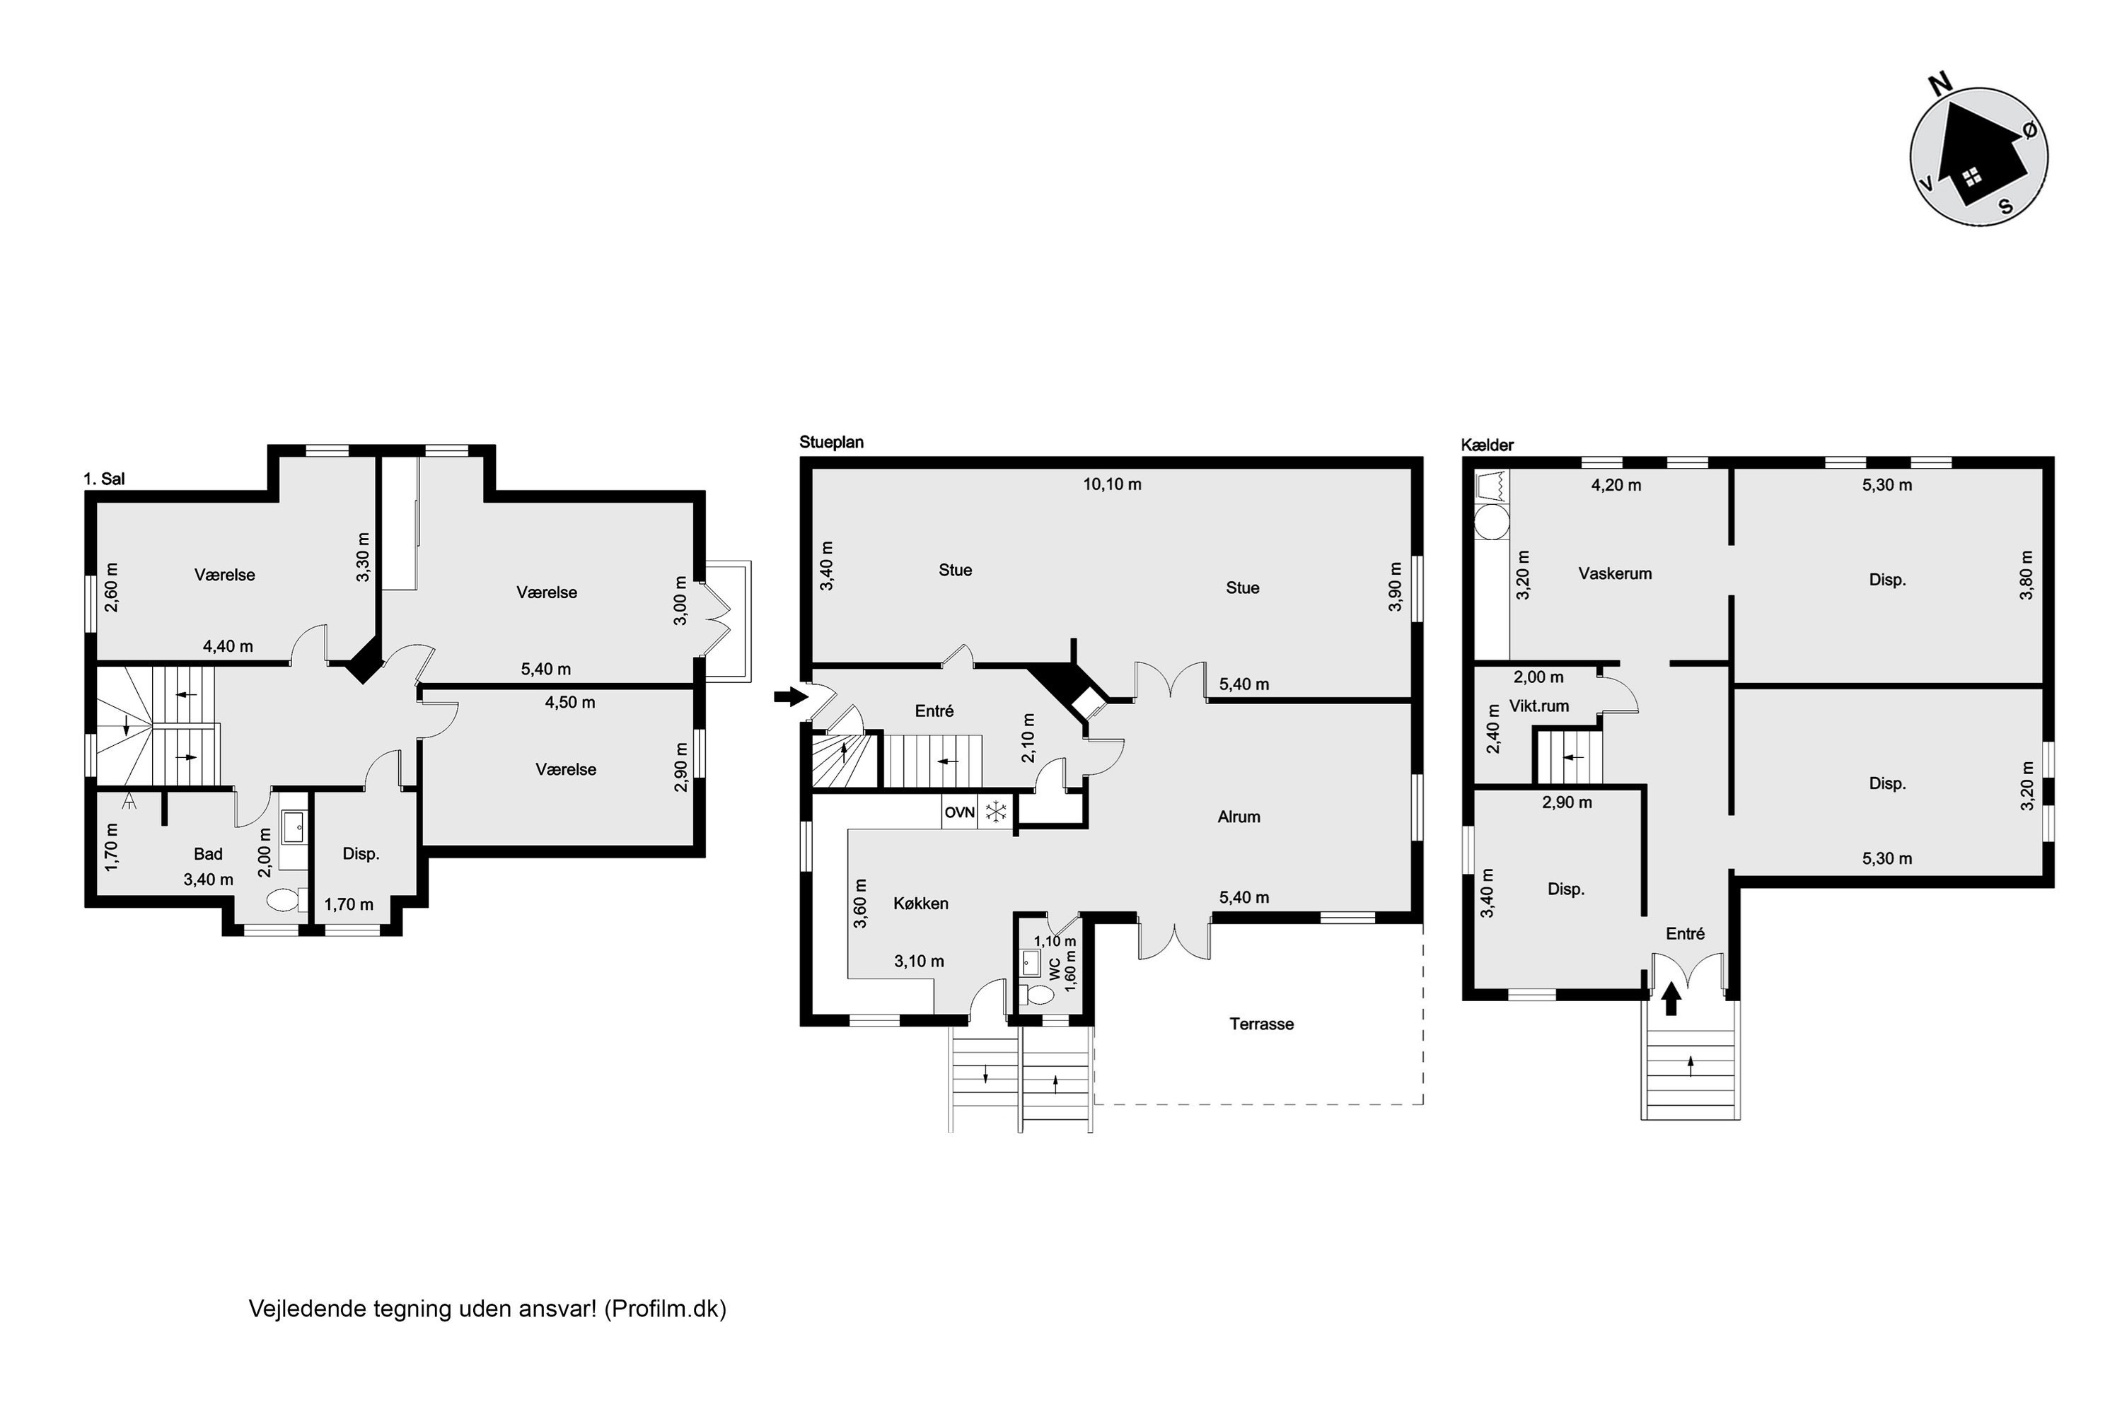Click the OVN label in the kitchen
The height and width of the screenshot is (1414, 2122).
pyautogui.click(x=959, y=812)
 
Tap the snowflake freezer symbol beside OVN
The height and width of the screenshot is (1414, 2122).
pyautogui.click(x=995, y=812)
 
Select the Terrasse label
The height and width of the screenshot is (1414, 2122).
pyautogui.click(x=1261, y=1024)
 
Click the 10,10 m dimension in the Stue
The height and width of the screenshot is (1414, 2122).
pyautogui.click(x=1113, y=484)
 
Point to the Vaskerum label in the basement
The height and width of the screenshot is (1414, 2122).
pyautogui.click(x=1615, y=573)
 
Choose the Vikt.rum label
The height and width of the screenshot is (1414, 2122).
pyautogui.click(x=1539, y=706)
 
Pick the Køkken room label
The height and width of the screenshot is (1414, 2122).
pyautogui.click(x=920, y=904)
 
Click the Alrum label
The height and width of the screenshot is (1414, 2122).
pyautogui.click(x=1239, y=817)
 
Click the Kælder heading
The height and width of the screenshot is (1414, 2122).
pyautogui.click(x=1488, y=445)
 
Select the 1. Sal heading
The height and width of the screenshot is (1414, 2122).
pyautogui.click(x=104, y=479)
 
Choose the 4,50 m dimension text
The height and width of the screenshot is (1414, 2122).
pyautogui.click(x=569, y=703)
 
